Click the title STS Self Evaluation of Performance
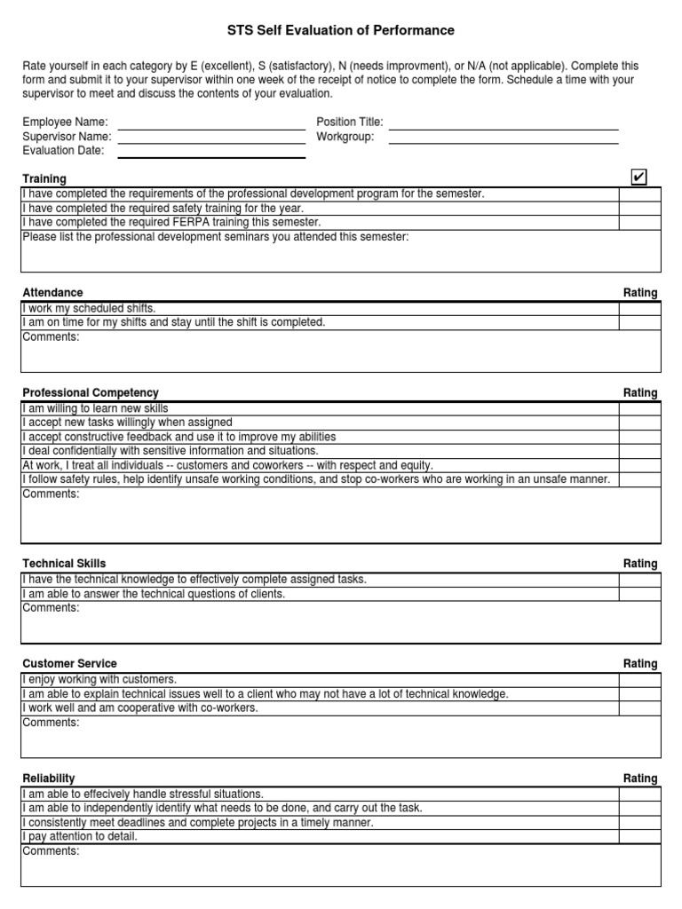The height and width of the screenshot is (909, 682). point(341,30)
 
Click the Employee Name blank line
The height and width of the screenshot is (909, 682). point(211,123)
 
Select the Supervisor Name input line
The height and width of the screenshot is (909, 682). point(211,138)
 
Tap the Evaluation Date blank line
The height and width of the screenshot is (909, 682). point(211,152)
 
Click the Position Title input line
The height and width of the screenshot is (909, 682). point(504,123)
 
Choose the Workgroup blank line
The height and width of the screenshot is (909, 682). point(504,138)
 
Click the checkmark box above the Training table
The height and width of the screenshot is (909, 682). point(638,178)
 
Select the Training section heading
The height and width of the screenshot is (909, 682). point(44,179)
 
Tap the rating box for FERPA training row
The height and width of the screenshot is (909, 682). point(639,223)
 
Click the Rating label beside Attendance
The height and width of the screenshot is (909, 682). point(640,293)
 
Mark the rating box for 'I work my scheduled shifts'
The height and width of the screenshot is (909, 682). point(639,309)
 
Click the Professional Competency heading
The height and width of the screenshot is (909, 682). point(91,393)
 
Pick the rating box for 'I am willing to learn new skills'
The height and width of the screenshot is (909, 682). point(639,409)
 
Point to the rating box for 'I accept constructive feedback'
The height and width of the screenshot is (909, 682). point(639,438)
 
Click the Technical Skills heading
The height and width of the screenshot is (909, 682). point(64,564)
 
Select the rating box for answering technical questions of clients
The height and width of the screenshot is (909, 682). point(639,594)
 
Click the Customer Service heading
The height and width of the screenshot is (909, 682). point(69,664)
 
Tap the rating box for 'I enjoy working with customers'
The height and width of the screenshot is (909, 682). point(639,680)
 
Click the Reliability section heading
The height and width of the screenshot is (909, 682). point(49,779)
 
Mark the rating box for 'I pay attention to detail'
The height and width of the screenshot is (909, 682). point(639,837)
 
